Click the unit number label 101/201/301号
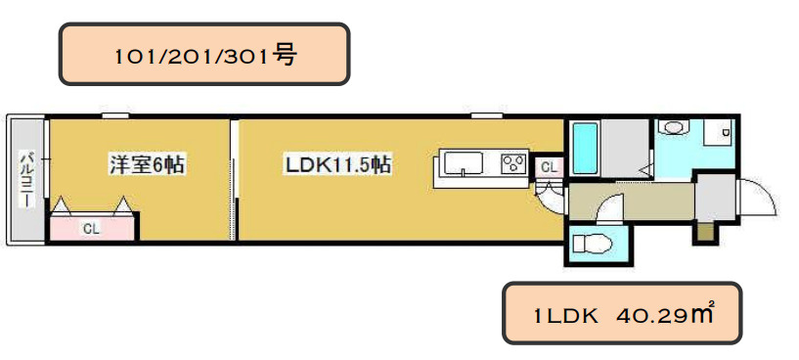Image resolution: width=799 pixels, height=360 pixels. coord(204,56)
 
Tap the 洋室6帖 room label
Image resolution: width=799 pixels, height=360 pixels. coord(147,164)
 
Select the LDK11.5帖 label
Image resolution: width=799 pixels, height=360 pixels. coord(337,164)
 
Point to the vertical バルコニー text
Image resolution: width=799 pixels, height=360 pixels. coord(25,178)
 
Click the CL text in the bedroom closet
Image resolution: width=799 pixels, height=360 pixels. coord(91,229)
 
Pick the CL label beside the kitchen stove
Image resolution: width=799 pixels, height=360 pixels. coord(549,166)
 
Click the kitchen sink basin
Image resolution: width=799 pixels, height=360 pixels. coord(464,164)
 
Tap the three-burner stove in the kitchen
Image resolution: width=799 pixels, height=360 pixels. coord(513,164)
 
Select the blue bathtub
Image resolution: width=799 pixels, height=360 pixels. coord(585,148)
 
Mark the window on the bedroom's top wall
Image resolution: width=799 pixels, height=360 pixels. coord(114,115)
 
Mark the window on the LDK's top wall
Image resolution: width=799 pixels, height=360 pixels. coord(487,115)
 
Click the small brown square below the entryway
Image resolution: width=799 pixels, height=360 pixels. coord(705,232)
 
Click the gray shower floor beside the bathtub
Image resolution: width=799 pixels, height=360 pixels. coord(625,148)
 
